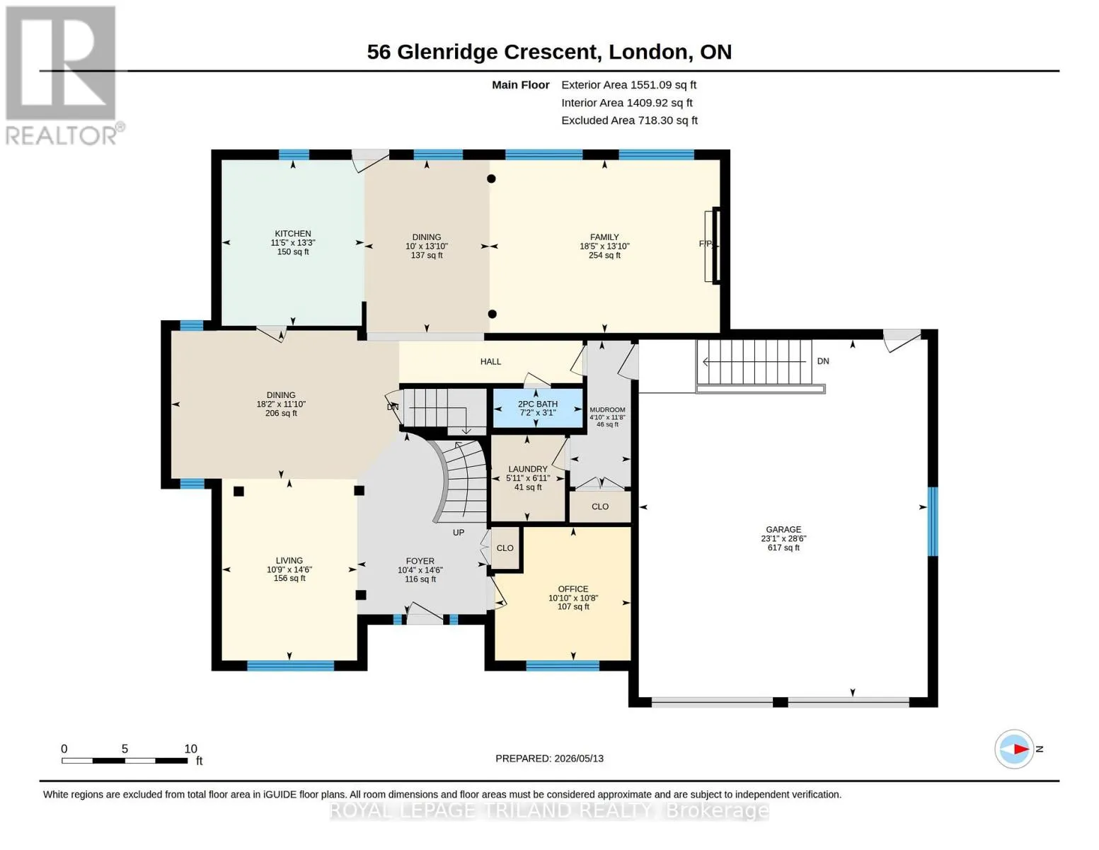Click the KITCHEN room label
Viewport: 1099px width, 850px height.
click(x=293, y=233)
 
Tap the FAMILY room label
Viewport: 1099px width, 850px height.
click(x=604, y=237)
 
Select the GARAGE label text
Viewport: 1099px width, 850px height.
click(x=783, y=530)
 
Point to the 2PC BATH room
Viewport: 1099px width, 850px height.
click(x=538, y=408)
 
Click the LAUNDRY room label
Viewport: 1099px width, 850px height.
click(x=527, y=470)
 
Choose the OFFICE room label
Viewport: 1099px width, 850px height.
click(x=573, y=589)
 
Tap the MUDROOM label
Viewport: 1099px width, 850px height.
click(x=607, y=409)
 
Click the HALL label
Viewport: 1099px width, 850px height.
click(x=490, y=361)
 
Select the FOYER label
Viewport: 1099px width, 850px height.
click(x=420, y=561)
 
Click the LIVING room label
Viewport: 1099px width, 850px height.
click(x=289, y=560)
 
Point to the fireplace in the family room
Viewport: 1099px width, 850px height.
click(x=713, y=245)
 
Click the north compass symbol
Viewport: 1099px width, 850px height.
click(x=1014, y=749)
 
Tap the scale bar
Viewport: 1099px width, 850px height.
click(x=125, y=760)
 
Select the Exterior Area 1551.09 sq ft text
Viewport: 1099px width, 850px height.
click(x=628, y=85)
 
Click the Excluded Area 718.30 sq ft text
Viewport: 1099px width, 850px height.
click(x=629, y=120)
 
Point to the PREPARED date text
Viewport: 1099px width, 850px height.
click(x=549, y=759)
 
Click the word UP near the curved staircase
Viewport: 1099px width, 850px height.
click(x=459, y=533)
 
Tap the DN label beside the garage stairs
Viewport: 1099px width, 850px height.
click(x=823, y=361)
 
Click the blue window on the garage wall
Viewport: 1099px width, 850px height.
click(x=933, y=521)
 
